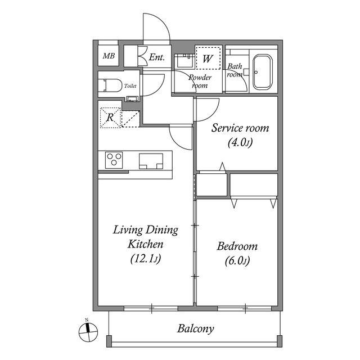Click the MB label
(x=109, y=56)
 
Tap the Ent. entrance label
(x=156, y=57)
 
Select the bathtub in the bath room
(x=263, y=72)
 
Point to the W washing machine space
(x=208, y=58)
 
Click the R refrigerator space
(x=110, y=118)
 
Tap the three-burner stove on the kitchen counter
(x=114, y=160)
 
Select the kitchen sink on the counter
(x=151, y=161)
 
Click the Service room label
(x=240, y=128)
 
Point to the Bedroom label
(x=237, y=246)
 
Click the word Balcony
(x=195, y=328)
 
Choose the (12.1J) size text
(x=146, y=259)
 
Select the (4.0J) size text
(x=240, y=142)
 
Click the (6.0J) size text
(x=237, y=260)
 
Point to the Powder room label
(x=200, y=81)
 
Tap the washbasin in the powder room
(x=184, y=60)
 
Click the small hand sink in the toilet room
(x=132, y=99)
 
